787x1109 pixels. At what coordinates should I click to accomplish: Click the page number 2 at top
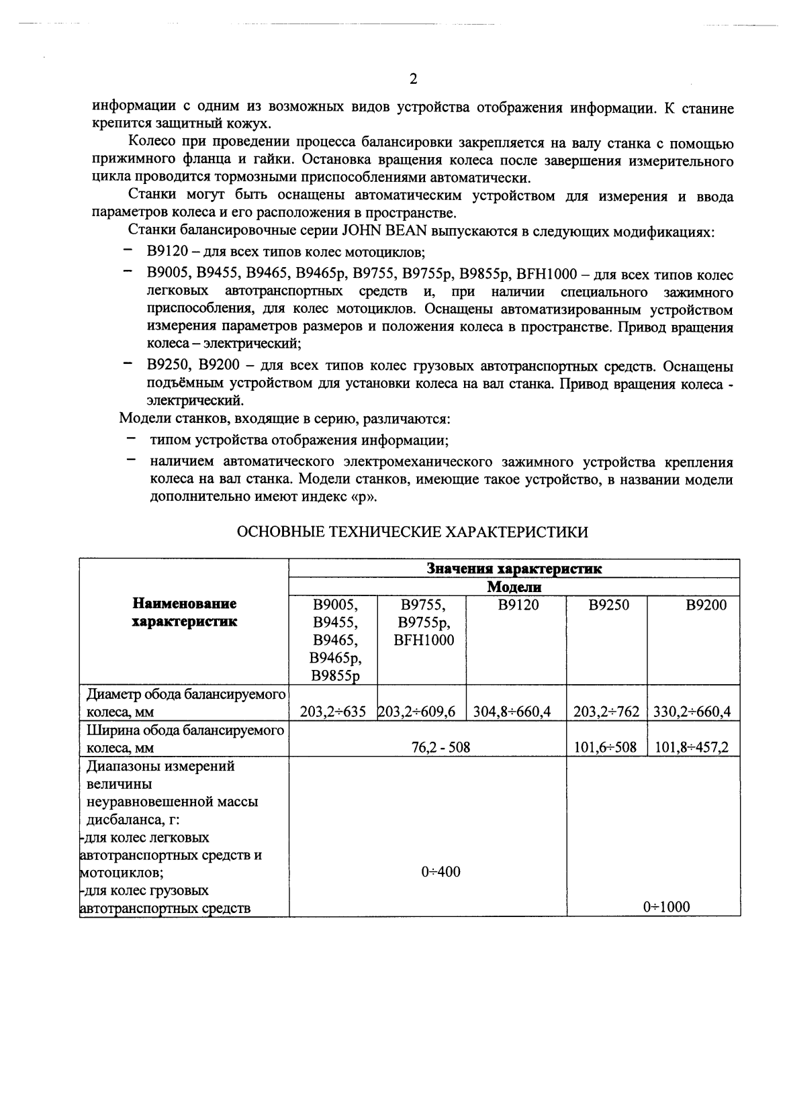coord(414,79)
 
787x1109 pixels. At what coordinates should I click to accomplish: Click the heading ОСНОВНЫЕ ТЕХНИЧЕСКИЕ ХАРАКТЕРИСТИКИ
coord(413,532)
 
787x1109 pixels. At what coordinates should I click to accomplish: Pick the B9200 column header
coord(706,605)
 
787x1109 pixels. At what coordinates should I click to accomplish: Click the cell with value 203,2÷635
coord(332,712)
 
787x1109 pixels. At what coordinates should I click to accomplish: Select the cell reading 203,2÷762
coord(606,712)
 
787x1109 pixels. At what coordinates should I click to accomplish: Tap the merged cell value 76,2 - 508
coord(441,747)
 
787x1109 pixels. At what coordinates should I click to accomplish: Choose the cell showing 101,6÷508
coord(605,747)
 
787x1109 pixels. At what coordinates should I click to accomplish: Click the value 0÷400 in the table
coord(441,872)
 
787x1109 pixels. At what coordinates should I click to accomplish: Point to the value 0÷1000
coord(666,908)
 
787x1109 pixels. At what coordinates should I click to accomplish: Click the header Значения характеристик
coord(514,569)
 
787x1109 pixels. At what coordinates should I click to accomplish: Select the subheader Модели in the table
coord(514,587)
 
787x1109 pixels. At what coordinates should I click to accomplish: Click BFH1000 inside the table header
coord(424,640)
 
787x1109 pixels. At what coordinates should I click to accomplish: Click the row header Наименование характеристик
coord(184,613)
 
